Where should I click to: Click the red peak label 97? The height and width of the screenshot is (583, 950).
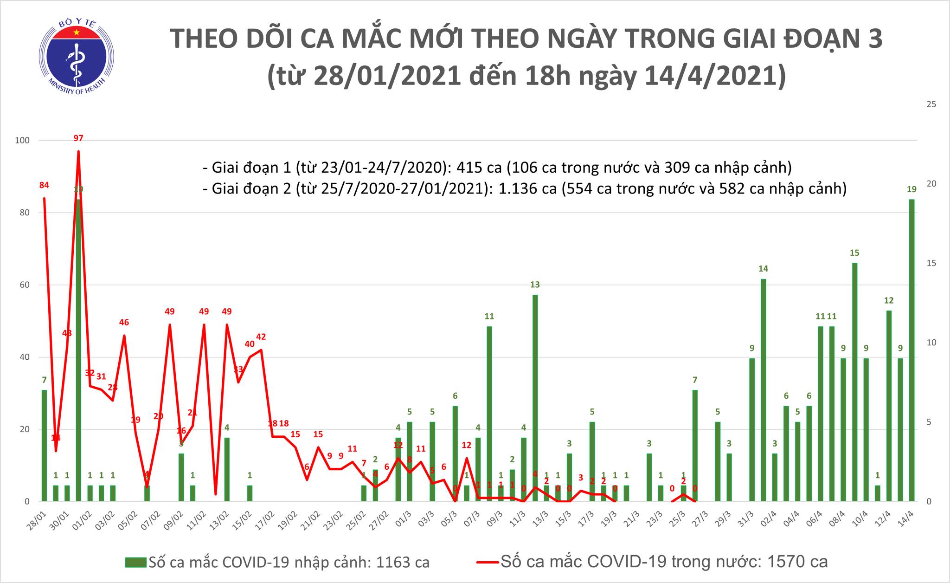tap(78, 138)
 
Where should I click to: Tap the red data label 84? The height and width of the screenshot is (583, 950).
tap(44, 185)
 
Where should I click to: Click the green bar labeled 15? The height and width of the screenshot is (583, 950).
tap(854, 381)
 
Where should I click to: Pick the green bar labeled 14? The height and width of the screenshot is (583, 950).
tap(763, 390)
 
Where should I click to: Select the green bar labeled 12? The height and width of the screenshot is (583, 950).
tap(889, 404)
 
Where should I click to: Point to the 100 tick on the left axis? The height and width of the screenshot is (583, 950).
tap(23, 140)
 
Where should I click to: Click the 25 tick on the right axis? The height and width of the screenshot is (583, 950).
tap(931, 104)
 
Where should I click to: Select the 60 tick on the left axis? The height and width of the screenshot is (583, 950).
tap(24, 285)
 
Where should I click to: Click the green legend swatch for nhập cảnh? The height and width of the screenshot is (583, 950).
tap(135, 563)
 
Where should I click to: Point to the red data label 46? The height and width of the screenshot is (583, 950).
tap(124, 322)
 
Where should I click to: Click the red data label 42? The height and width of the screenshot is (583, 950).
tap(261, 337)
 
